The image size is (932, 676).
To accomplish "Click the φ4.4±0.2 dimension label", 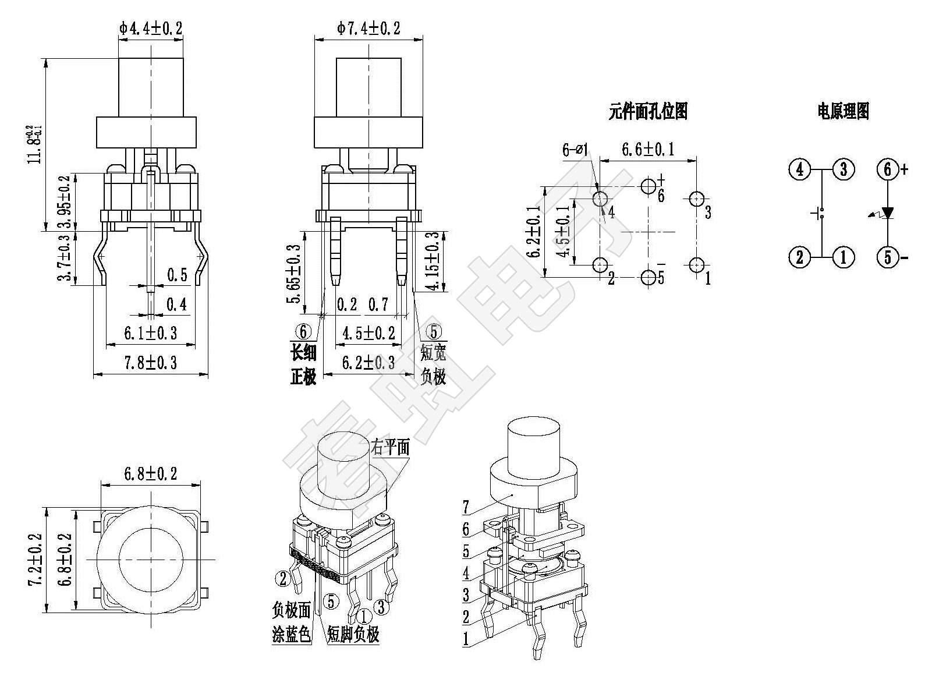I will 151,27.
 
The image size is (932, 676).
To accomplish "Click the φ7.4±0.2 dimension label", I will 368,27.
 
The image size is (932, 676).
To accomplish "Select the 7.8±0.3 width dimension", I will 150,363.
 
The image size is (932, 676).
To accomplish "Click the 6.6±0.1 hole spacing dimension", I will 647,150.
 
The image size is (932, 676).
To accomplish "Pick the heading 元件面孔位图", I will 648,111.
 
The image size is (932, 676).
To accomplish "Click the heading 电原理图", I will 843,111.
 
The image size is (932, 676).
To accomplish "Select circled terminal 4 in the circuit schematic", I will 799,169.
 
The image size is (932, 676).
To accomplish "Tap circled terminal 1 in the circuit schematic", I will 843,256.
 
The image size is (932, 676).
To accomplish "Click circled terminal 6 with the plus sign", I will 888,169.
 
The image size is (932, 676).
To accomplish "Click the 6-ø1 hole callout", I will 575,150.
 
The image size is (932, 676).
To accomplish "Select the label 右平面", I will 390,447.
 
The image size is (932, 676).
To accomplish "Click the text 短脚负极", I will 353,634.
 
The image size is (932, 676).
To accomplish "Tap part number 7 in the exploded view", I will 466,507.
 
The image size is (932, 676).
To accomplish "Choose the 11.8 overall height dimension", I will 35,144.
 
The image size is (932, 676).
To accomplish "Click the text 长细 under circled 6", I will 303,352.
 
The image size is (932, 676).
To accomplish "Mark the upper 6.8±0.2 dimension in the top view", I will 150,473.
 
